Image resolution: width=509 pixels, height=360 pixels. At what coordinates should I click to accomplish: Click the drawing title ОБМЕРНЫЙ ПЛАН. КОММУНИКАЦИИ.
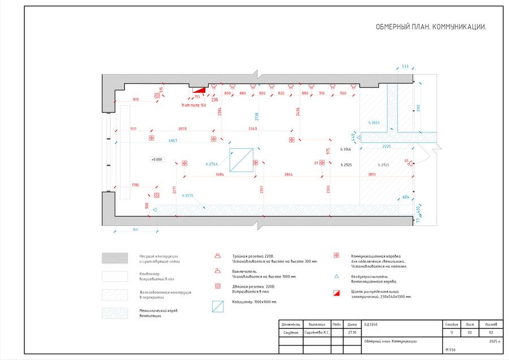[x=431, y=27]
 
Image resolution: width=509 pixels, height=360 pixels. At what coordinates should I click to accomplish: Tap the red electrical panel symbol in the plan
[x=199, y=89]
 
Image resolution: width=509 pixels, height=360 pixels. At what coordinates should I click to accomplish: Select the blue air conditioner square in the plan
[x=241, y=160]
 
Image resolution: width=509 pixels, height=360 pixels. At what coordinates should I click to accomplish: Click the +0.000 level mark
[x=157, y=159]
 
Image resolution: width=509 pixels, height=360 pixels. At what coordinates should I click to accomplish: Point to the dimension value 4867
[x=173, y=140]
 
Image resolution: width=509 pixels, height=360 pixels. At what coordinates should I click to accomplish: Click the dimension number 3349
[x=253, y=129]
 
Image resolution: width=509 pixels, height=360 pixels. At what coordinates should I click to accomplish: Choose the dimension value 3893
[x=372, y=175]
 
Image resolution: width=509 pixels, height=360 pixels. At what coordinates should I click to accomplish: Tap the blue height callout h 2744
[x=212, y=164]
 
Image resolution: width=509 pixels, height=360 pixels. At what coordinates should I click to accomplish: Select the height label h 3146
[x=346, y=149]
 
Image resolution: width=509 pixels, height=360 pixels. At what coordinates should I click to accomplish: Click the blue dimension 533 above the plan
[x=405, y=67]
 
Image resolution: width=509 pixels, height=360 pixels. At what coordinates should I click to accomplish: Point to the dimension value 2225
[x=386, y=146]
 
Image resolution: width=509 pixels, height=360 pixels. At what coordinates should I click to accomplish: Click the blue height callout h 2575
[x=188, y=196]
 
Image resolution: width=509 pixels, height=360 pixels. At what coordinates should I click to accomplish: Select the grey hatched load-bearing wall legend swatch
[x=115, y=258]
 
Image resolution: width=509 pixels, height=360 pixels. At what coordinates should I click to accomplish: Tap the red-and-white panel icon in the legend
[x=337, y=293]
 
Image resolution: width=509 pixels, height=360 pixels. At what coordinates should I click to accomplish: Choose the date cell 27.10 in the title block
[x=352, y=333]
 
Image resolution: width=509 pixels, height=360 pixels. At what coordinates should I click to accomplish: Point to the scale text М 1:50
[x=450, y=351]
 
